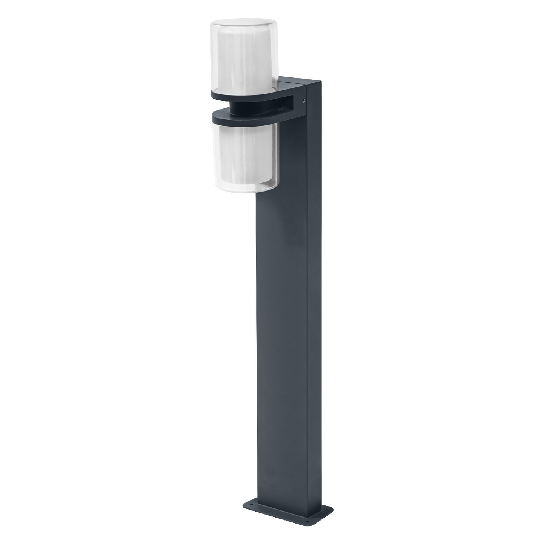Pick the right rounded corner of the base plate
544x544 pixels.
[x=332, y=510]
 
